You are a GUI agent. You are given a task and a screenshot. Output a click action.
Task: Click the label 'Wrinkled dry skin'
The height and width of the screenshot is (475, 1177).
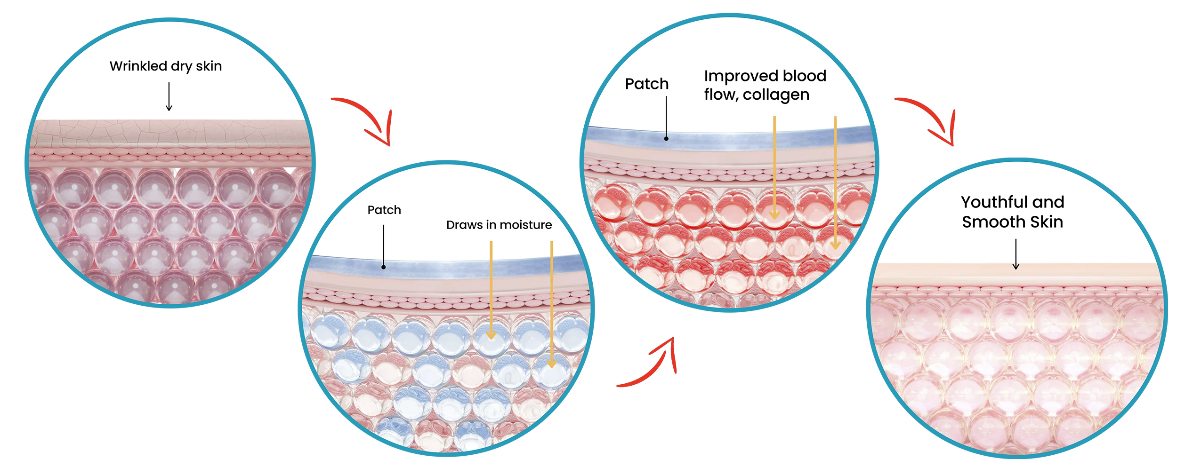tap(166, 66)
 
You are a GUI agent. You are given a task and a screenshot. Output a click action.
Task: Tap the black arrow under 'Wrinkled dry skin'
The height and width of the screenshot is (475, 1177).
tap(169, 96)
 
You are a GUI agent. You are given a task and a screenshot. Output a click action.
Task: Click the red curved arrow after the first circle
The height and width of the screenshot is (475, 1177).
tap(367, 120)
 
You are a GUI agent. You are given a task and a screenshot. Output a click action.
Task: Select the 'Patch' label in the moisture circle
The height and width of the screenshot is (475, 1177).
tap(384, 210)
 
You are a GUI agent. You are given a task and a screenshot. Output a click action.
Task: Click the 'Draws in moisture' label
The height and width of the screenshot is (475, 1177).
tap(499, 225)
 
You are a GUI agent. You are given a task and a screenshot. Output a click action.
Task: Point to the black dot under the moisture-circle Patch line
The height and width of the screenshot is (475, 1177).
tap(384, 267)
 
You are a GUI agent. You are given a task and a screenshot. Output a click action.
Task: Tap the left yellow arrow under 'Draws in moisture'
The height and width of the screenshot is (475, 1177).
tap(491, 289)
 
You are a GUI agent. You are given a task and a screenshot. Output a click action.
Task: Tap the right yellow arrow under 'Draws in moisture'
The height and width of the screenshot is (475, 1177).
tap(552, 303)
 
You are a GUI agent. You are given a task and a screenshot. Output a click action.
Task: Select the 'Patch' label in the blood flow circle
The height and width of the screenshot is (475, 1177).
tap(647, 84)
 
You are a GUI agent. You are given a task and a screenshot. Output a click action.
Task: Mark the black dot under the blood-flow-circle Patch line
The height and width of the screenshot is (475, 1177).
tap(666, 139)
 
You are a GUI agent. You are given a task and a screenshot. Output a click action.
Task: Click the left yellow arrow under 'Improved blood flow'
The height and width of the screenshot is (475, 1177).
tap(774, 167)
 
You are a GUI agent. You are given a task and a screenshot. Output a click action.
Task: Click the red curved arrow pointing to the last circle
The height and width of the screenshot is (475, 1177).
tap(930, 120)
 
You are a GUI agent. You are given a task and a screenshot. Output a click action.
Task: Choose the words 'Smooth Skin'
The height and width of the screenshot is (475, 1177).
tap(1013, 222)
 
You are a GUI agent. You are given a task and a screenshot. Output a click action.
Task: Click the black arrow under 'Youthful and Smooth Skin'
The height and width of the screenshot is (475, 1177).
tap(1016, 254)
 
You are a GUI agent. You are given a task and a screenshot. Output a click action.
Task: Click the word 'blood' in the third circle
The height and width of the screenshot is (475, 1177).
tap(805, 76)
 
